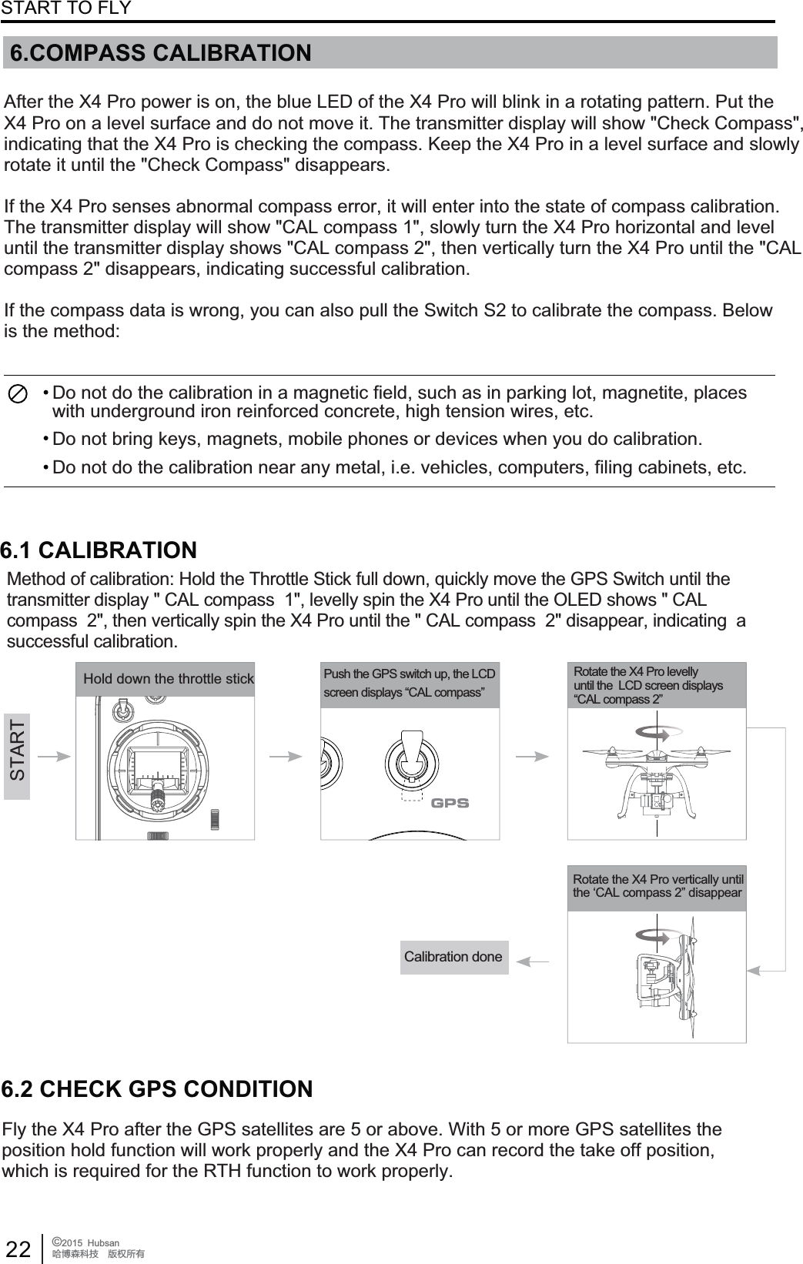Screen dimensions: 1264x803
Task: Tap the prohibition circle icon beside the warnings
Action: (18, 392)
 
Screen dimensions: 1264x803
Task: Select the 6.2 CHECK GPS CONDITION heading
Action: (157, 1089)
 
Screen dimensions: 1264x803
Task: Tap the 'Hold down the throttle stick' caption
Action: (168, 679)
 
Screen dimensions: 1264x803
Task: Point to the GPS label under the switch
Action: (450, 803)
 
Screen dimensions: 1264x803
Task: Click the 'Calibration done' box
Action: (453, 957)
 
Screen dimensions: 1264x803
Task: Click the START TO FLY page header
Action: (65, 8)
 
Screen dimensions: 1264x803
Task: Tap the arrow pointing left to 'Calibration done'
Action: (533, 960)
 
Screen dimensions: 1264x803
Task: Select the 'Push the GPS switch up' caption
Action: (410, 684)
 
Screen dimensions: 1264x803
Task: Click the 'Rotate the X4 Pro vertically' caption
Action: (657, 886)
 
